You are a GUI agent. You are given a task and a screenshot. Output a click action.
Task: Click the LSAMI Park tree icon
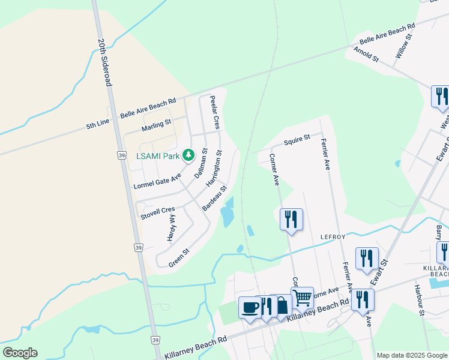coord(188,156)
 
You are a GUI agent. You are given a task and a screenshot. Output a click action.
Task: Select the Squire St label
coord(297,139)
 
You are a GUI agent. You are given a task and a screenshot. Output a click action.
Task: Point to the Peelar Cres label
coord(214,112)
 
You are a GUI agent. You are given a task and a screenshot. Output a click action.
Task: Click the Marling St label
coord(157,125)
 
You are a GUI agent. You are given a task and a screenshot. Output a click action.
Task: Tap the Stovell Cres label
coord(157,212)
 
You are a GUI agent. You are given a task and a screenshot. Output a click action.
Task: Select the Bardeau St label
coord(214,198)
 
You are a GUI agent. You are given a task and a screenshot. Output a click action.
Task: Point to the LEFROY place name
coord(334,237)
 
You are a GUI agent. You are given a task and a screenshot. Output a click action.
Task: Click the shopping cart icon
coord(303,297)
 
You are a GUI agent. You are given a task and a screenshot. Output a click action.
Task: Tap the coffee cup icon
coord(250,307)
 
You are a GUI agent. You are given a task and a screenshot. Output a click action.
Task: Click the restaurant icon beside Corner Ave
coord(291,219)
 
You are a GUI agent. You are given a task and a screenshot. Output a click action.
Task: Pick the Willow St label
coord(403,46)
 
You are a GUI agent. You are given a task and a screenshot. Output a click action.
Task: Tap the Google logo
coord(20,353)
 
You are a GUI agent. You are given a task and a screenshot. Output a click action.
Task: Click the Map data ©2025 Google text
coord(411,355)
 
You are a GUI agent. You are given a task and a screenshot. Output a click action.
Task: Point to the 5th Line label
coord(98,125)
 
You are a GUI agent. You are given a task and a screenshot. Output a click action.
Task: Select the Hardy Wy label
coord(172,227)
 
